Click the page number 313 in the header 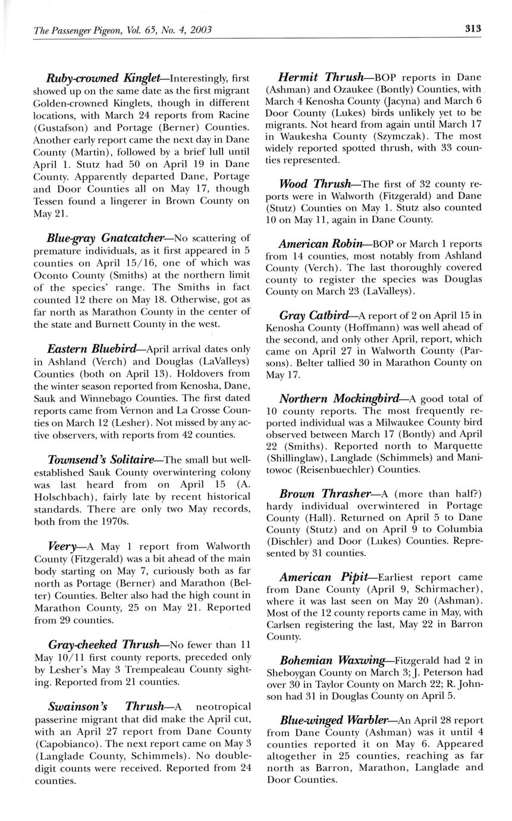click(473, 29)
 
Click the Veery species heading click(62, 546)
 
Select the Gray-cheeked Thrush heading click(103, 644)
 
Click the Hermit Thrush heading click(321, 77)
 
